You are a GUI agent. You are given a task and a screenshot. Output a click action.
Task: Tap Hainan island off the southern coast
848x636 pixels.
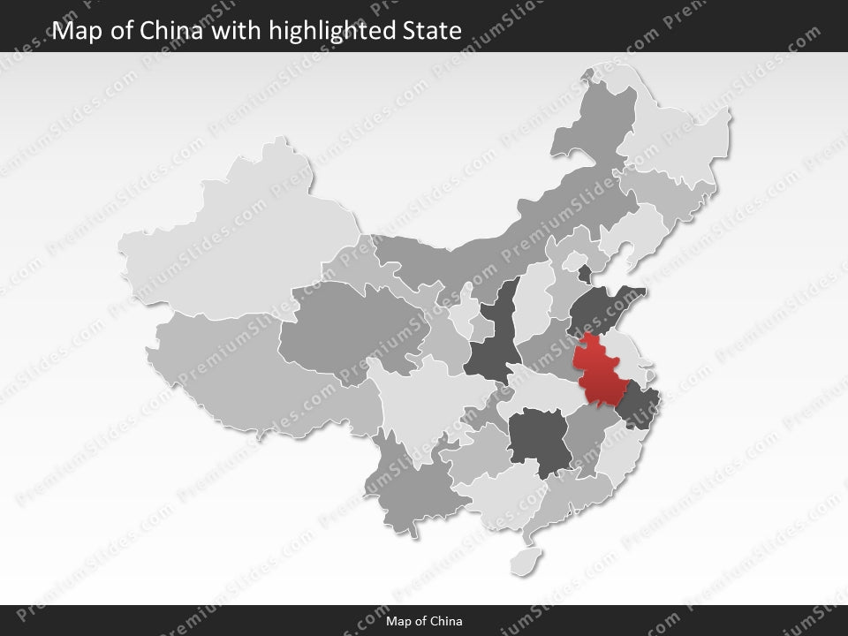[x=528, y=558]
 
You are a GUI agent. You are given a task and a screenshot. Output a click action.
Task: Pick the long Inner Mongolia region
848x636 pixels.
[x=495, y=238]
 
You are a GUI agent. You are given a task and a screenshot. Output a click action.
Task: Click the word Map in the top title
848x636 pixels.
[x=73, y=31]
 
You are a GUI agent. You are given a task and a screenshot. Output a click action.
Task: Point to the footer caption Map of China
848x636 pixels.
[x=424, y=621]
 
